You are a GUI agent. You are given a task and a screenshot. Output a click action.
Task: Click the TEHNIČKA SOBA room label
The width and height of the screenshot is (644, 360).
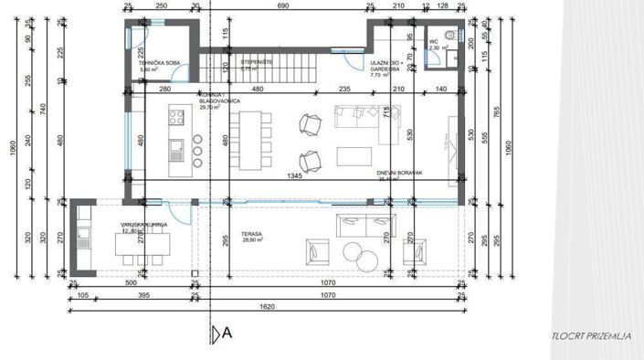(x=152, y=62)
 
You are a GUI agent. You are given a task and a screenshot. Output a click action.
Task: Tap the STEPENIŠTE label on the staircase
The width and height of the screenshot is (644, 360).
(x=253, y=62)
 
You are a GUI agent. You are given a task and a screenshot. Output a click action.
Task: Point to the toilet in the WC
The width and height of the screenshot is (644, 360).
(x=450, y=57)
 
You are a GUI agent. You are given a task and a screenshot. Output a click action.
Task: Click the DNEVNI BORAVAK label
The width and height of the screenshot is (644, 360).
(x=397, y=173)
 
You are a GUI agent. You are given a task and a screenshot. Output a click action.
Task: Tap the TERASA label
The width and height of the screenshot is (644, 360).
(x=253, y=235)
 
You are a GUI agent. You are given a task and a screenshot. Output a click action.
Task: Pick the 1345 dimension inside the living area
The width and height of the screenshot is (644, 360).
(x=294, y=175)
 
